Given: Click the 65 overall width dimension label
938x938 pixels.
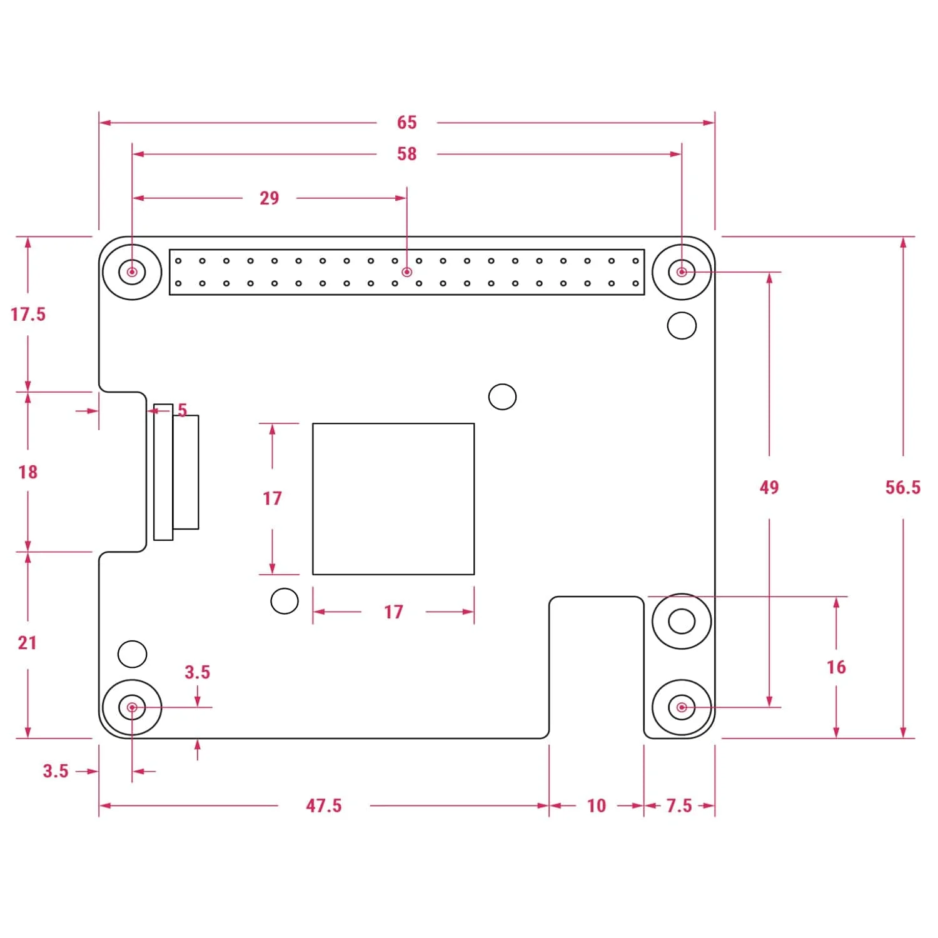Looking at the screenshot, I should click(406, 123).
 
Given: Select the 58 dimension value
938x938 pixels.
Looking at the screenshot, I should click(406, 154).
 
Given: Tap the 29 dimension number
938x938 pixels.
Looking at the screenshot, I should click(269, 198).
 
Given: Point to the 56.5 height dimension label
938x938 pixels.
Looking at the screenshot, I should click(902, 488).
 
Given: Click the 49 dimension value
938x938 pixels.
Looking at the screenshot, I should click(769, 488).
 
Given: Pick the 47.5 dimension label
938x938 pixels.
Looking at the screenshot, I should click(324, 805).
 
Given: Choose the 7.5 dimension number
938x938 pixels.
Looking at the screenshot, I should click(679, 805).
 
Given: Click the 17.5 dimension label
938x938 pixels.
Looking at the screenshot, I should click(28, 314).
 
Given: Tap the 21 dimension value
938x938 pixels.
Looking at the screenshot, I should click(28, 643).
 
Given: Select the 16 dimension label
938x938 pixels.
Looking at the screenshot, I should click(836, 667).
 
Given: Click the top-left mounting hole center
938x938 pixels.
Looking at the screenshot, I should click(132, 272).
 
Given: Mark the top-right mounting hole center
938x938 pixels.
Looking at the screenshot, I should click(682, 272).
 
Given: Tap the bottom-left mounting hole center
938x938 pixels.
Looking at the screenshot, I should click(132, 707).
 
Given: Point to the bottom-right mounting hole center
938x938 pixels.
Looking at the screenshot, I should click(682, 707).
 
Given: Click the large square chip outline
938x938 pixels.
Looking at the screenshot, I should click(393, 499).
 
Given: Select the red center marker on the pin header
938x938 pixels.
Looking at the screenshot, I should click(407, 272).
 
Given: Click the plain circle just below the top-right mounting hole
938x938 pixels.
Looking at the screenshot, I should click(682, 326).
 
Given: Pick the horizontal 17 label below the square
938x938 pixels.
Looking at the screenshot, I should click(393, 612).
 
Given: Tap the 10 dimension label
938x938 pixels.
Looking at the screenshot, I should click(597, 805).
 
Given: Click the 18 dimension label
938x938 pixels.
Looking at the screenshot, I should click(28, 472).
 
